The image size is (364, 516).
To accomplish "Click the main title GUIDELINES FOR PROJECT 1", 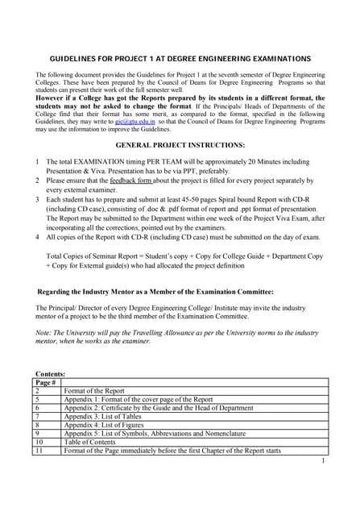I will coord(181,59).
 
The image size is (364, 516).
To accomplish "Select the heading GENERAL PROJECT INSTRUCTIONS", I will coord(180,145).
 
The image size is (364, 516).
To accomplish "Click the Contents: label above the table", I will coord(51,374).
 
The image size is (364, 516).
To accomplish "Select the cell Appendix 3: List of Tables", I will coord(105,416).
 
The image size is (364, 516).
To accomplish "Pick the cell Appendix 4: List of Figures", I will coord(106,425).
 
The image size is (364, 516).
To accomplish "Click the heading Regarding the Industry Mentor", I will coord(155,291).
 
